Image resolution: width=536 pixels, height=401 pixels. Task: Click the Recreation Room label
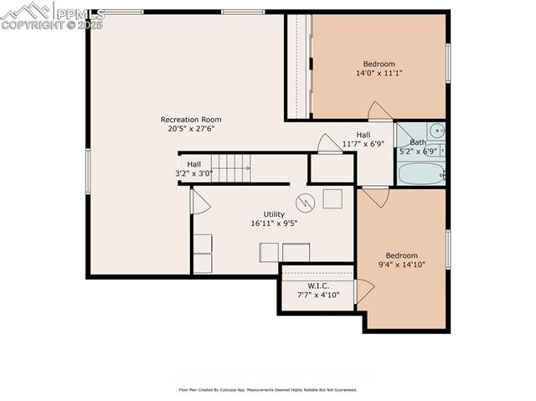click(x=191, y=120)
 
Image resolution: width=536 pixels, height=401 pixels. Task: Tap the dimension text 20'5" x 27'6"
click(x=191, y=129)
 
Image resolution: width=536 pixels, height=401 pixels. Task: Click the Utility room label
click(x=274, y=214)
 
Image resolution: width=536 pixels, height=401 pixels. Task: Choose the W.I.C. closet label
click(x=317, y=286)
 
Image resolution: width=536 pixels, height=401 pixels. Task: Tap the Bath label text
click(x=417, y=142)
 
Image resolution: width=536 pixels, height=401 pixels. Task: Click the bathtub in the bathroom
click(x=420, y=173)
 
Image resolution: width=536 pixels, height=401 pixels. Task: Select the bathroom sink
click(x=436, y=130)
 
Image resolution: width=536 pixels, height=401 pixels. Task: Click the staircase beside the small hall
click(x=230, y=167)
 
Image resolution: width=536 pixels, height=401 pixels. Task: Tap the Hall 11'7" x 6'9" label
click(x=363, y=139)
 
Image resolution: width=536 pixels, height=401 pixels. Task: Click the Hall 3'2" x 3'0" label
click(x=193, y=169)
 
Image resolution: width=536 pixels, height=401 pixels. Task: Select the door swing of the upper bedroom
click(x=380, y=111)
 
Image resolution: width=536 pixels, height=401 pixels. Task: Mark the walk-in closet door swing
click(x=364, y=290)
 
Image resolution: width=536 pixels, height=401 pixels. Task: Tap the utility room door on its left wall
click(x=200, y=202)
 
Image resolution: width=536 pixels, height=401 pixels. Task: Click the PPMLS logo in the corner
click(x=52, y=15)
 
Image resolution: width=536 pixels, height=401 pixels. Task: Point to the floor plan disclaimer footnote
click(x=267, y=389)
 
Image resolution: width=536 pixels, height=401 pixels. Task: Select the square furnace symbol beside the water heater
click(x=332, y=198)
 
